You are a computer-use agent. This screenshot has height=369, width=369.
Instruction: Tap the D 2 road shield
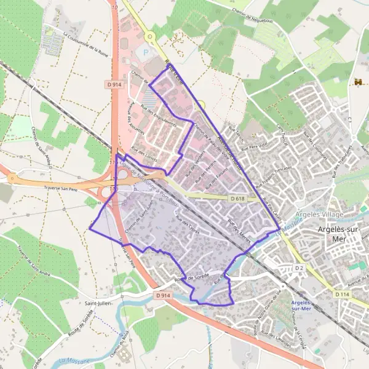[x=300, y=268]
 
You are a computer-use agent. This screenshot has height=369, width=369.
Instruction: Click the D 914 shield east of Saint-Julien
[x=162, y=296]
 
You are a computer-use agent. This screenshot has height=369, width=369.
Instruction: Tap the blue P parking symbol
[x=146, y=54]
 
